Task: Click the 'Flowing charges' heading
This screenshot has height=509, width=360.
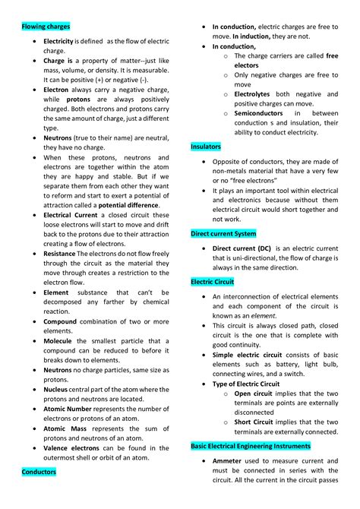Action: click(x=46, y=27)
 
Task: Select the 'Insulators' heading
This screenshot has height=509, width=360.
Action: click(x=207, y=146)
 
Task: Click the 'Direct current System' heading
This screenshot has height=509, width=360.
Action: click(x=223, y=234)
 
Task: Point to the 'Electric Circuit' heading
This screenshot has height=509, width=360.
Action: click(x=213, y=282)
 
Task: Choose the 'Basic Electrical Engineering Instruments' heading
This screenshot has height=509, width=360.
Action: click(x=250, y=446)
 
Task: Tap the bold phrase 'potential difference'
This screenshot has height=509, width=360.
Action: click(x=128, y=205)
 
